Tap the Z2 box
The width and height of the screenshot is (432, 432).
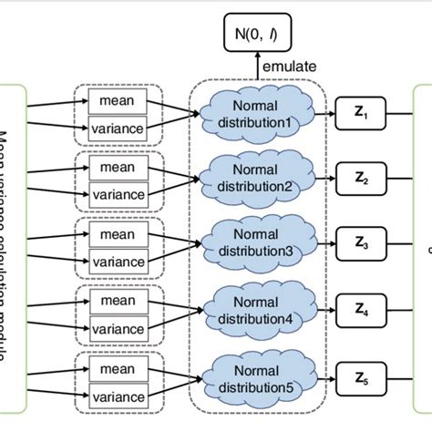point(360,179)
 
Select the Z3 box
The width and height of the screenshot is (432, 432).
point(360,243)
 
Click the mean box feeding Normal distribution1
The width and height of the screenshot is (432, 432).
point(117,101)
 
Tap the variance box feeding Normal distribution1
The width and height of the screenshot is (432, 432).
point(117,129)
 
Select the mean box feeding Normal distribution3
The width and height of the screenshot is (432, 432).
point(117,235)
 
